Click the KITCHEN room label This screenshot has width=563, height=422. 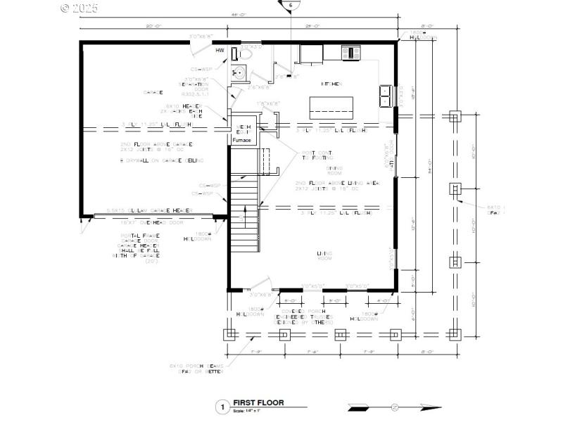pos(331,84)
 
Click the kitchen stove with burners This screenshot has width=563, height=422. pos(350,52)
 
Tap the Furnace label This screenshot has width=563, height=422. pos(242,141)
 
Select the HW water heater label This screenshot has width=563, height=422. pos(220,51)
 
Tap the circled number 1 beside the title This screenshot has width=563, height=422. pos(222,407)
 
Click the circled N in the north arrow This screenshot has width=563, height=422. pos(395,407)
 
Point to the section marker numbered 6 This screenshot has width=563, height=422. pos(290,5)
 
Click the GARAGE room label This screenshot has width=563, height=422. pos(153,92)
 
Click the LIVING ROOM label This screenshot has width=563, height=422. pos(324,256)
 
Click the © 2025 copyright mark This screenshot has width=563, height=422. pos(80,8)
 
